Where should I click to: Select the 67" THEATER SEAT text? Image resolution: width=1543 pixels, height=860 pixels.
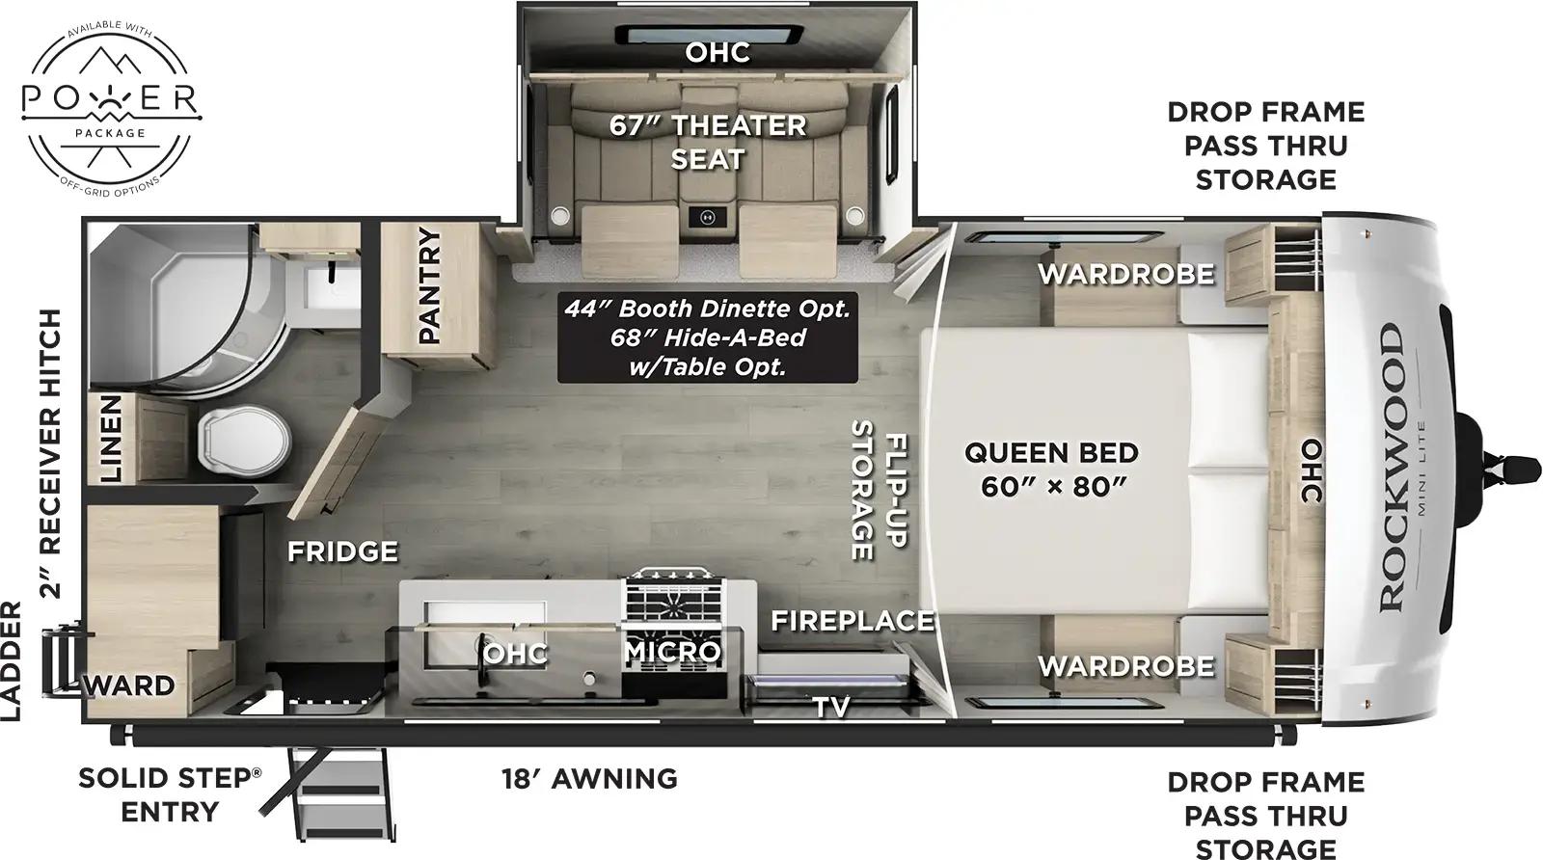pyautogui.click(x=708, y=142)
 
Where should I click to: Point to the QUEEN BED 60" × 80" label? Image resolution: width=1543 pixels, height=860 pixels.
pyautogui.click(x=1052, y=469)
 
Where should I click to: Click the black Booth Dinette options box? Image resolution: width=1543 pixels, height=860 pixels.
pyautogui.click(x=707, y=337)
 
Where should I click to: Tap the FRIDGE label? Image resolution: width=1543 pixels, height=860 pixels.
pyautogui.click(x=342, y=551)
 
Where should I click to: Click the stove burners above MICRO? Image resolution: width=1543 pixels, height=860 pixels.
pyautogui.click(x=672, y=603)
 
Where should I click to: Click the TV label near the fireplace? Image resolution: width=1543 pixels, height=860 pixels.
pyautogui.click(x=831, y=707)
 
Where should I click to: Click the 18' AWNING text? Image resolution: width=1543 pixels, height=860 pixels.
pyautogui.click(x=589, y=778)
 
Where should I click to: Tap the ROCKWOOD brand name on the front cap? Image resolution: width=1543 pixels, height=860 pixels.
pyautogui.click(x=1391, y=467)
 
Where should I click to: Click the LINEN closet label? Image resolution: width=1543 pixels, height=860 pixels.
pyautogui.click(x=111, y=439)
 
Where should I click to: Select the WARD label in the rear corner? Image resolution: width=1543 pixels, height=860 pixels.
pyautogui.click(x=131, y=686)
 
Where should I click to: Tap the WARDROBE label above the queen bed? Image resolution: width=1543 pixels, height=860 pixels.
pyautogui.click(x=1125, y=274)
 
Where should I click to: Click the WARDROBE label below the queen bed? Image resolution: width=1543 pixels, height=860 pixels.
pyautogui.click(x=1125, y=666)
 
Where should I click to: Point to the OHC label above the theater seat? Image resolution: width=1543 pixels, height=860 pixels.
pyautogui.click(x=717, y=52)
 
